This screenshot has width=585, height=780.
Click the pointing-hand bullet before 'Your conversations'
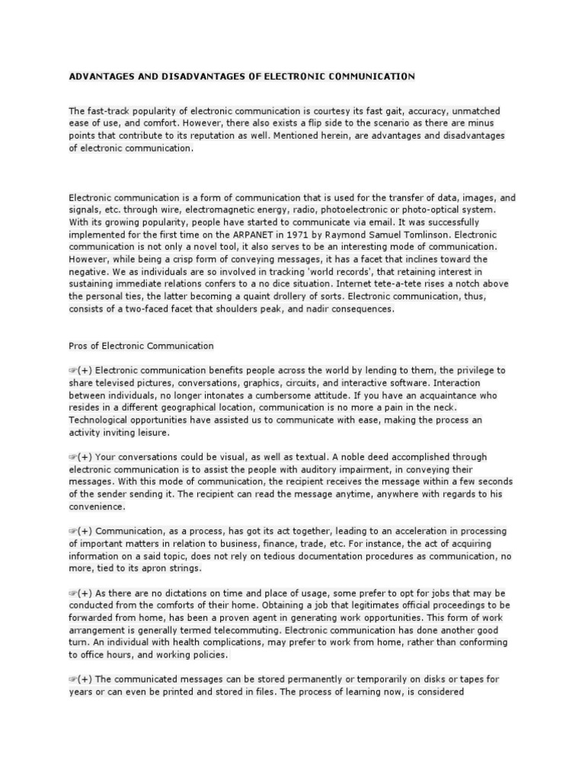(72, 457)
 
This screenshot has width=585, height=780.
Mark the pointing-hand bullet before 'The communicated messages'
(72, 679)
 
